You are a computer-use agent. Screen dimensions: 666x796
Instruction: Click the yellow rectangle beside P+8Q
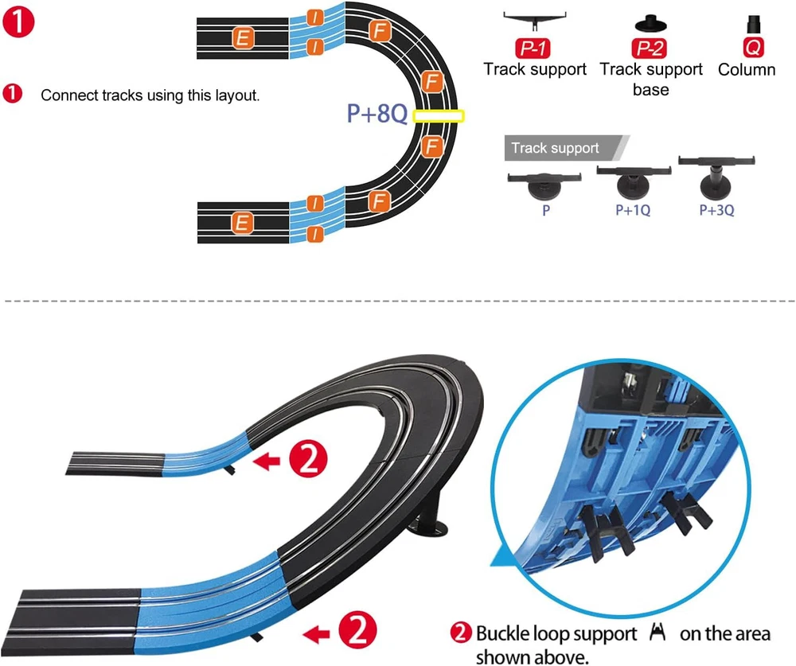[x=438, y=116]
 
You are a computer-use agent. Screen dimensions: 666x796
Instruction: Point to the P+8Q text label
[x=377, y=115]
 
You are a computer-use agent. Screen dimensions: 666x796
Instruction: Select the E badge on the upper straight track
[x=243, y=37]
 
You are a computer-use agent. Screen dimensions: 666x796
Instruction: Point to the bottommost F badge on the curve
[x=379, y=201]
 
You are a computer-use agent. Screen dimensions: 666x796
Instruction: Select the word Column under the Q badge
[x=747, y=70]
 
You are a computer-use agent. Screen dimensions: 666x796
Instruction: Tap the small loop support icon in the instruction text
[x=657, y=633]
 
